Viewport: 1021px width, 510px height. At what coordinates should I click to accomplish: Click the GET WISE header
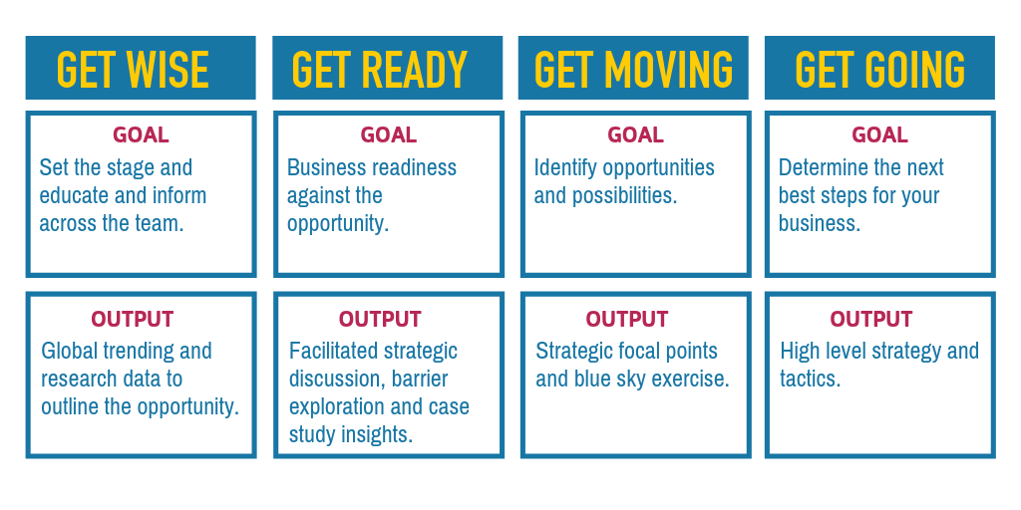click(x=133, y=69)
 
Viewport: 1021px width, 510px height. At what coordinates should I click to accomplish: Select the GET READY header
click(x=380, y=69)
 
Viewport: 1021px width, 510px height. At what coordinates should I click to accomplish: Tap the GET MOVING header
click(x=633, y=69)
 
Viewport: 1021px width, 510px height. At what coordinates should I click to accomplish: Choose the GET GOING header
click(x=879, y=69)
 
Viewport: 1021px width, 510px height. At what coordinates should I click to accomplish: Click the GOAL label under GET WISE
click(x=141, y=135)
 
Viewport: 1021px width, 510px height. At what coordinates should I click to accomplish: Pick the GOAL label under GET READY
click(x=389, y=135)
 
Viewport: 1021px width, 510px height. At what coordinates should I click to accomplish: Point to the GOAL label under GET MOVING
click(x=635, y=135)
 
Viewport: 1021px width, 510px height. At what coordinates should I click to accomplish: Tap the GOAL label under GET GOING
click(x=879, y=135)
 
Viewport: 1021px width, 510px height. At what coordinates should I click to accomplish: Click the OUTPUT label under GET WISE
click(x=133, y=320)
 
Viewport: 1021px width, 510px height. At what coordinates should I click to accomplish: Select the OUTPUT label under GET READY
click(x=380, y=320)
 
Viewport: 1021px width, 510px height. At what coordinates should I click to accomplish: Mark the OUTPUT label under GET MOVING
click(x=626, y=320)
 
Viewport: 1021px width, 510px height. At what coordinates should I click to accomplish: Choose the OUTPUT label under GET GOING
click(x=871, y=320)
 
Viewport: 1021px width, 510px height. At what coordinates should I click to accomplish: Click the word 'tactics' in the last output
click(x=810, y=380)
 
